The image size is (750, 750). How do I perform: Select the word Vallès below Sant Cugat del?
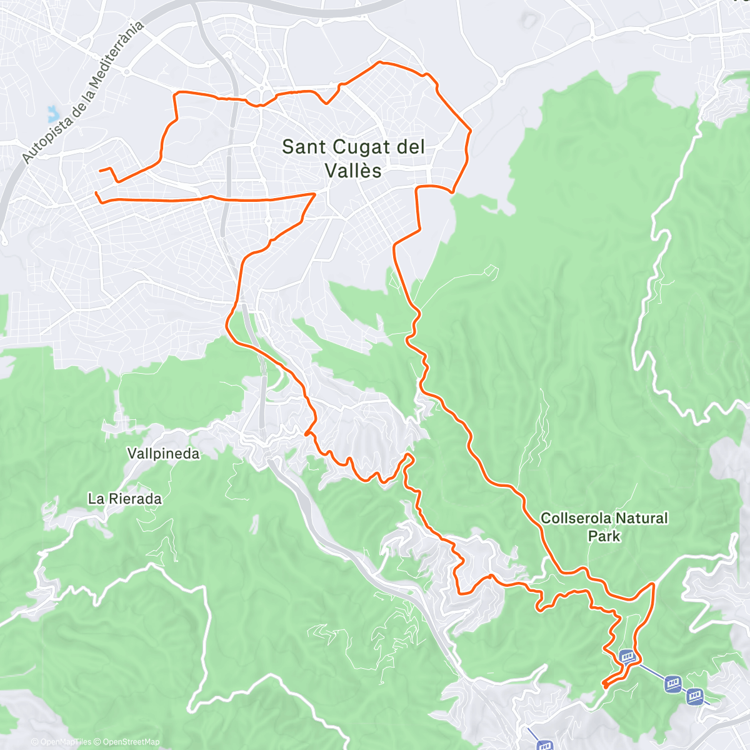353,171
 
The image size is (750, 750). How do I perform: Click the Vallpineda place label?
163,454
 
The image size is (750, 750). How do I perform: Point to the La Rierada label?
124,499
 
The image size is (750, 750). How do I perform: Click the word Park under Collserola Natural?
604,536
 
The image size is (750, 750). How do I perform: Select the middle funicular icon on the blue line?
672,683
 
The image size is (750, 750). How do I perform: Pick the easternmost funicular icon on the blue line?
695,696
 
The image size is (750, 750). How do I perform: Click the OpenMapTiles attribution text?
61,742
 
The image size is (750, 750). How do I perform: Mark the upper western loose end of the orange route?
100,170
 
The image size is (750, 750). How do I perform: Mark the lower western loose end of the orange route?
95,192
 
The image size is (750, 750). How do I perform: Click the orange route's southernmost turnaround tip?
604,686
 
